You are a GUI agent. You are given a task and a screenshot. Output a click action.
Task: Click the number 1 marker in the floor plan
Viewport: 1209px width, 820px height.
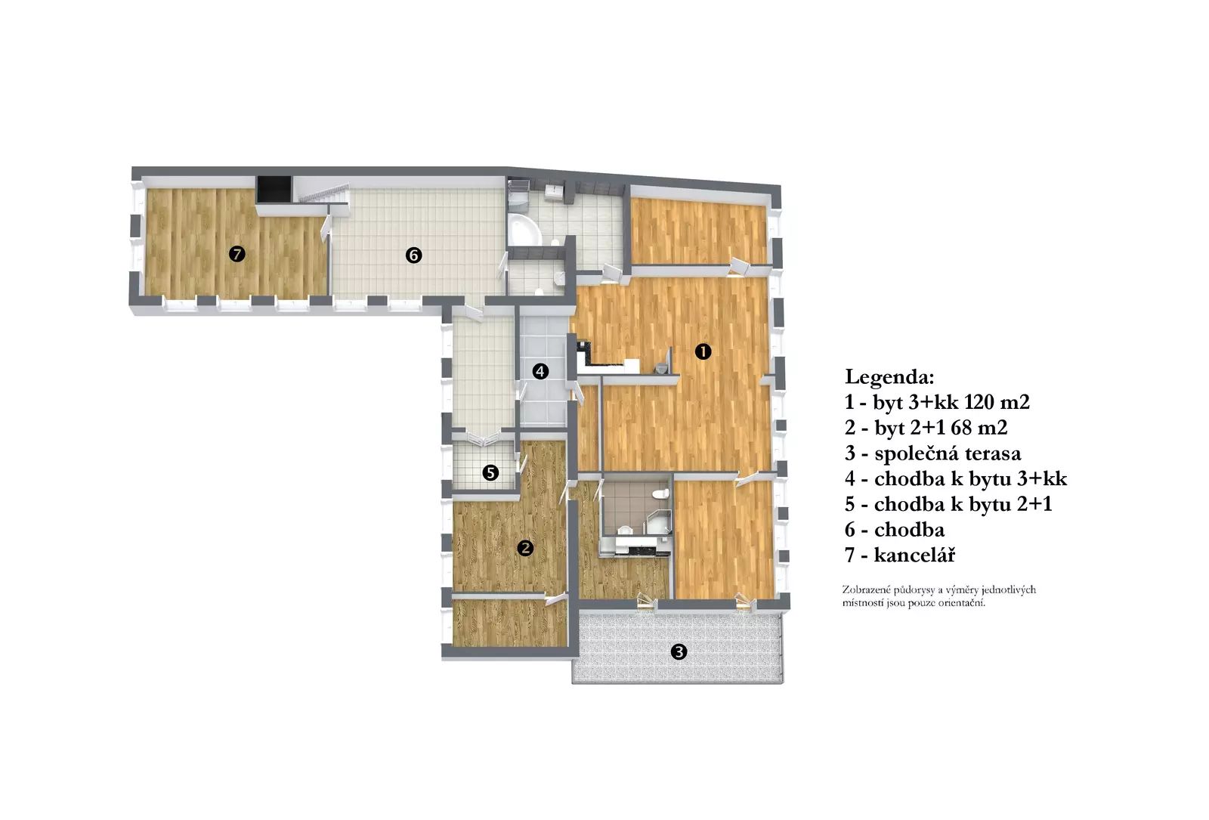[x=703, y=352]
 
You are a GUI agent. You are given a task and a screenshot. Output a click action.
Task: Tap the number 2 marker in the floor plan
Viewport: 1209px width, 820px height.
[x=525, y=549]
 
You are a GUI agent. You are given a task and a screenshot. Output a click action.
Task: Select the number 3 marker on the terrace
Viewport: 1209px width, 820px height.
[x=679, y=652]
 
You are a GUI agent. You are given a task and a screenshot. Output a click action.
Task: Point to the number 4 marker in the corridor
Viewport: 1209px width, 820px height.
[x=540, y=371]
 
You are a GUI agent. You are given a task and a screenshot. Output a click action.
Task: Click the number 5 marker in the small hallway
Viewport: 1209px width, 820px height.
[x=490, y=473]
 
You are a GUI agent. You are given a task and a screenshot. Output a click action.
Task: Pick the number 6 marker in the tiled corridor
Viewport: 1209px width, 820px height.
[x=413, y=255]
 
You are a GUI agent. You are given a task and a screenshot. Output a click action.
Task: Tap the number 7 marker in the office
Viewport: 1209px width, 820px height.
[x=237, y=254]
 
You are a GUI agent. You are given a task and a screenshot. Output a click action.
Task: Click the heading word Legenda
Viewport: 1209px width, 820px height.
[x=889, y=377]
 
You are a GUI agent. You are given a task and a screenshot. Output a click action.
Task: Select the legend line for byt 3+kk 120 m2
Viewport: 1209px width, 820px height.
[x=938, y=402]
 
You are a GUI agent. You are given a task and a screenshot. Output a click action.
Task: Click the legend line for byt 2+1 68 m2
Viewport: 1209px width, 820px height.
[x=926, y=428]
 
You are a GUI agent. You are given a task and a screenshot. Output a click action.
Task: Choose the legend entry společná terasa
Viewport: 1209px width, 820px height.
[x=933, y=453]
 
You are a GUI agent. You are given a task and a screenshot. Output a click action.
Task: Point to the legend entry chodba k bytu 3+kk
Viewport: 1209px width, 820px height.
[x=956, y=479]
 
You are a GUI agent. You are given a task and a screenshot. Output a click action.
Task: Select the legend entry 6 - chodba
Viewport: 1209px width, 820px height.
[x=895, y=530]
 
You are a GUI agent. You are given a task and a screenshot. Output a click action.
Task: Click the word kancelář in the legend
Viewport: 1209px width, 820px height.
[x=915, y=555]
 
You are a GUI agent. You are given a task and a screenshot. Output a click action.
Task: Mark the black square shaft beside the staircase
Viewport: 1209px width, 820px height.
[x=274, y=190]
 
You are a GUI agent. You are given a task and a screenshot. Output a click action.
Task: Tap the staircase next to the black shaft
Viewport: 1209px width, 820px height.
[x=323, y=194]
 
